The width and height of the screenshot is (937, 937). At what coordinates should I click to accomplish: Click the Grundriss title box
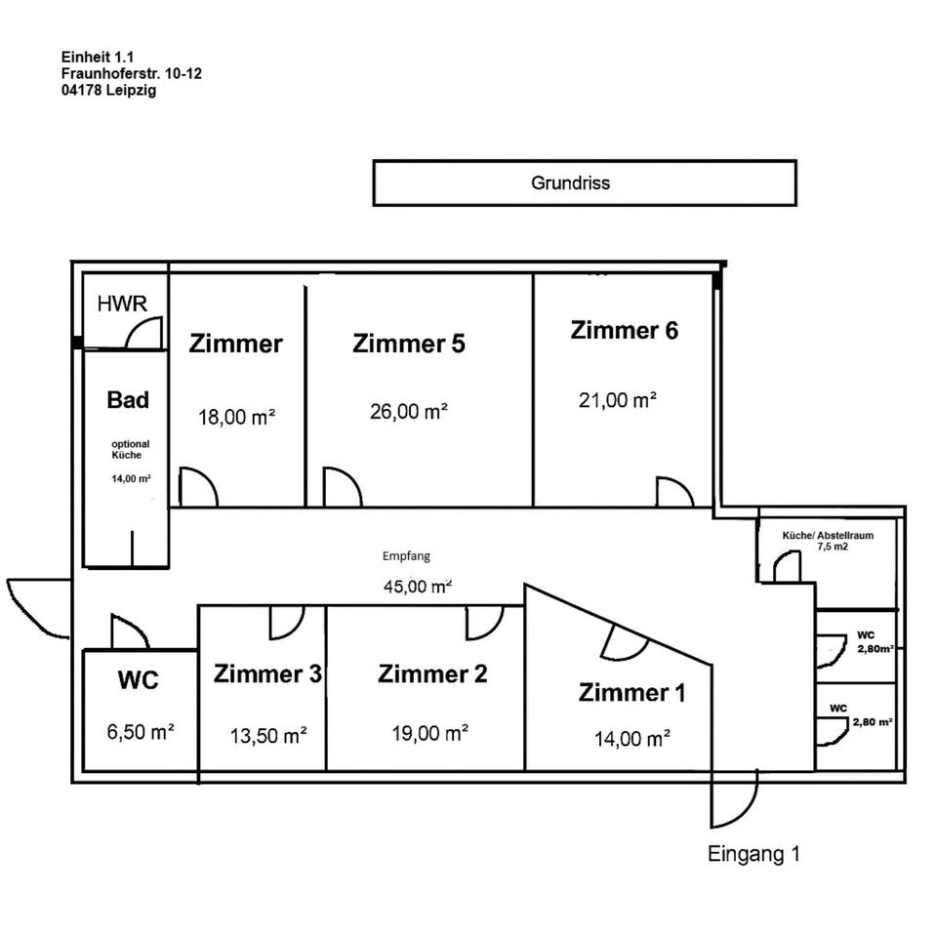coord(584,183)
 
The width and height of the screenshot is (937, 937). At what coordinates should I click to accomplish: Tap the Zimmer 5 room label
coord(409,344)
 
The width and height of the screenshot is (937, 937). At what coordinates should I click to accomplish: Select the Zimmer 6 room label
coord(624,330)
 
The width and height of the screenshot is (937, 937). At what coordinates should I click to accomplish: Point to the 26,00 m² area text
coord(409,411)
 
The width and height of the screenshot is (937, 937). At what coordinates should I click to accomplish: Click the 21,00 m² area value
coord(618,399)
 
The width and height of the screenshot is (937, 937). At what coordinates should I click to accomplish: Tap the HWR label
coord(122,304)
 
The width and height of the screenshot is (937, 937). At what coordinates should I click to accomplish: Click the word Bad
coord(128,399)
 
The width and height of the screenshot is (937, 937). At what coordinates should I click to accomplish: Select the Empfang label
coord(406,556)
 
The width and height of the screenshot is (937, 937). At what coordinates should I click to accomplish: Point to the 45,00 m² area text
coord(418,587)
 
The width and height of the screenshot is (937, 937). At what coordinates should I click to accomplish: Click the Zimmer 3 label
coord(268,673)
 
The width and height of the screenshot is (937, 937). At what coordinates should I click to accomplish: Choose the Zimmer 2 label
coord(432,673)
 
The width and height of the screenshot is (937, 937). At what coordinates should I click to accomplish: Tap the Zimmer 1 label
coord(631,693)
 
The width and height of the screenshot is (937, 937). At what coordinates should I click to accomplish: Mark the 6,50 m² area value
coord(139,730)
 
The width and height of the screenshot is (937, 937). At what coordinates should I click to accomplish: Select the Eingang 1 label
coord(754,854)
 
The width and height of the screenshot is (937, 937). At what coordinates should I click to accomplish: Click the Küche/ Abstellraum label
coord(828,536)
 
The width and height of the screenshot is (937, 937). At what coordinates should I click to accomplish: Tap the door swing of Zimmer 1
coord(623,644)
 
